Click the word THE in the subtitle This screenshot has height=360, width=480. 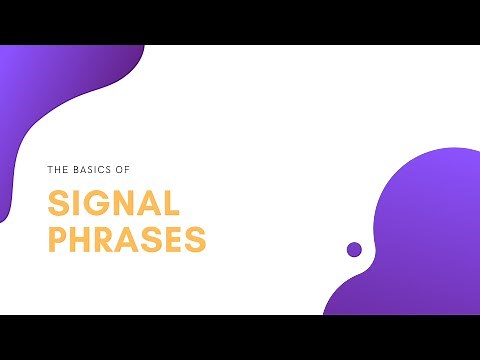coord(56,169)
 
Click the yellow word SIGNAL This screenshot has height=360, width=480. coord(114,205)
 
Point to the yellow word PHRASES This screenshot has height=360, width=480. coord(127,240)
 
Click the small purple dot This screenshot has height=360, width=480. coord(354,249)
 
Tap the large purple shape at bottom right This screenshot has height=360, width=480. coord(420,240)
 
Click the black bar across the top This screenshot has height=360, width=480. coord(240,22)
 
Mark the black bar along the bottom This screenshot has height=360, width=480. coord(240,337)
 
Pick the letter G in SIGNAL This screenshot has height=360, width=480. coord(98,205)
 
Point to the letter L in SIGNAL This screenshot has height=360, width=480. coord(172,205)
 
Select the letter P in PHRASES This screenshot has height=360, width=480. coord(58,240)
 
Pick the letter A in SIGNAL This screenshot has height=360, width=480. coord(150,205)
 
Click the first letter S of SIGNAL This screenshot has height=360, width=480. coord(59,205)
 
